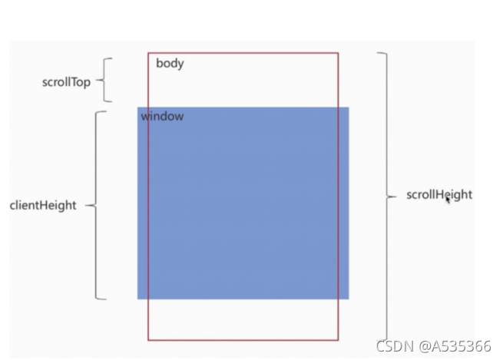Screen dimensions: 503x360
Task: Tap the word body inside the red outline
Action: click(170, 64)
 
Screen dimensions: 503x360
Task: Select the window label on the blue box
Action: click(162, 117)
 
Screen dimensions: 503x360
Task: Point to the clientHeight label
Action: click(43, 206)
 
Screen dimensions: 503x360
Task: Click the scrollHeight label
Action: click(439, 195)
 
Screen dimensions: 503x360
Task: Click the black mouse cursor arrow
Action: click(448, 200)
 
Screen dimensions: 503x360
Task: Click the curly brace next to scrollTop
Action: click(107, 80)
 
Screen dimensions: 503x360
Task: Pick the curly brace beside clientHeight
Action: click(99, 205)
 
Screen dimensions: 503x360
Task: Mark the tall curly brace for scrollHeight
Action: click(386, 197)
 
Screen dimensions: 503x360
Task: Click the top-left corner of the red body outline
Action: click(148, 53)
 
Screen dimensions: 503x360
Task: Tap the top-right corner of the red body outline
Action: click(338, 53)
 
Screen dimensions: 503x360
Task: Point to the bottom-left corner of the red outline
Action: click(148, 339)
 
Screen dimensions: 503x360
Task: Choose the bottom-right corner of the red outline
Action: click(338, 339)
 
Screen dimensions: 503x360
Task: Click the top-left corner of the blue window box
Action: click(138, 107)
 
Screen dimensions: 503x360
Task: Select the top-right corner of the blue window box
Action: click(349, 107)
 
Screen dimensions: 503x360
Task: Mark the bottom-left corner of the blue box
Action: click(138, 299)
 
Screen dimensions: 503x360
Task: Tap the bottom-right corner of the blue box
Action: click(349, 299)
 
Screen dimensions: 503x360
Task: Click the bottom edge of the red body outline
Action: click(243, 339)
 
